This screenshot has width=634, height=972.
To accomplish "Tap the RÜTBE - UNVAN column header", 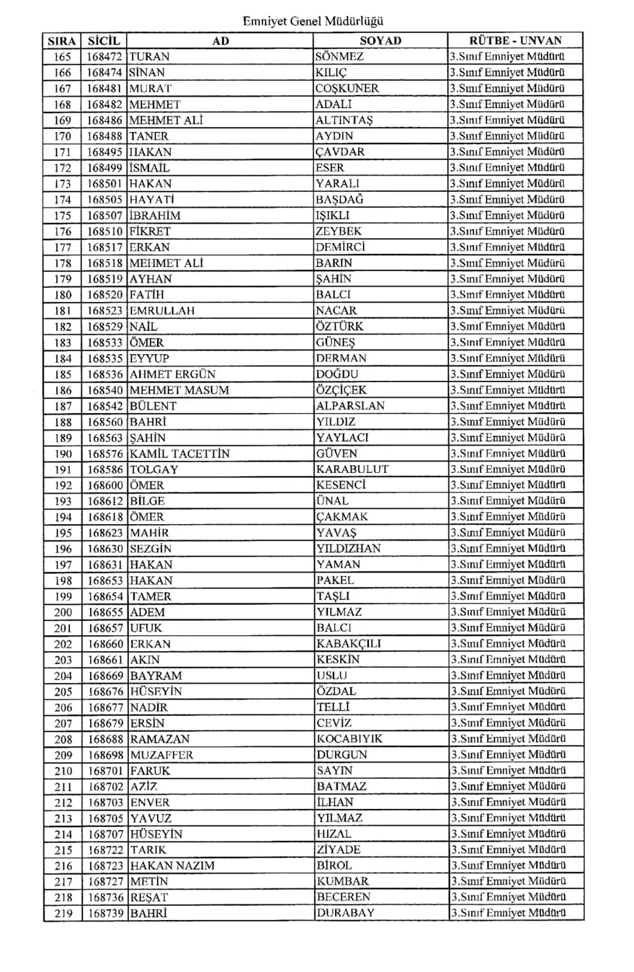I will pyautogui.click(x=515, y=41).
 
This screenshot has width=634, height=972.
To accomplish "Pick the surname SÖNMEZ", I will pyautogui.click(x=339, y=57).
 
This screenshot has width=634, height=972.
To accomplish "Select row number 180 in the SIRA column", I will pyautogui.click(x=63, y=295).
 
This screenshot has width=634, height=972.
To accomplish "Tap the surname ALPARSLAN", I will pyautogui.click(x=351, y=406).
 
